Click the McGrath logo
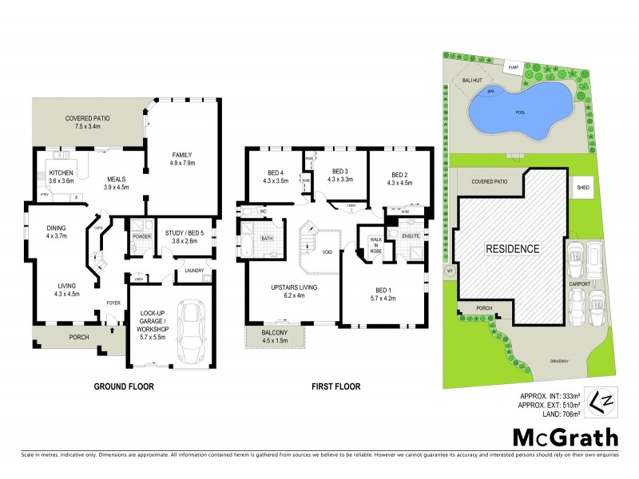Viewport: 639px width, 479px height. [x=565, y=437]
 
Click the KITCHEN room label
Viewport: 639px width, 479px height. [x=61, y=172]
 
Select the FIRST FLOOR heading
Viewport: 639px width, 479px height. [x=338, y=386]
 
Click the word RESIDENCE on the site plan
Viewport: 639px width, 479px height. [x=513, y=248]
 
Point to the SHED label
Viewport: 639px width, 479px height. [x=583, y=188]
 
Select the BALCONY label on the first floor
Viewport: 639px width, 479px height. [x=275, y=332]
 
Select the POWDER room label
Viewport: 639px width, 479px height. [x=141, y=237]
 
